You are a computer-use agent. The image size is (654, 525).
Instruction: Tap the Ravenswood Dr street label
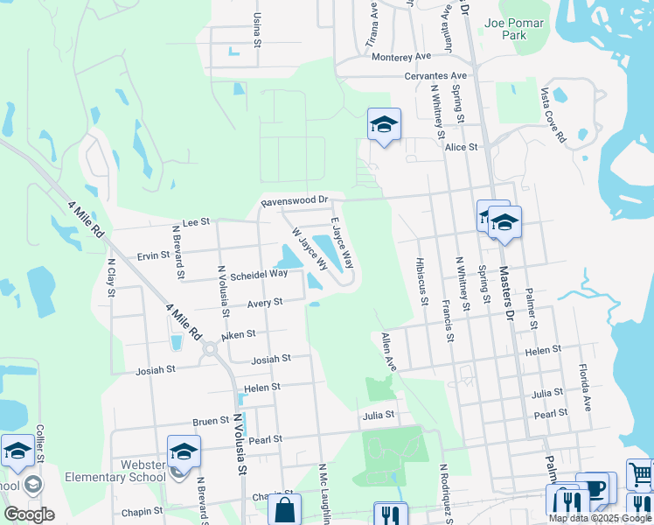click(298, 201)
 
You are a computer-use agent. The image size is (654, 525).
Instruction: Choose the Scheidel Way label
click(259, 275)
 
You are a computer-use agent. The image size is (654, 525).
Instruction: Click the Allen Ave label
click(388, 352)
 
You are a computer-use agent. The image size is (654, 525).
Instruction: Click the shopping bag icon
click(284, 509)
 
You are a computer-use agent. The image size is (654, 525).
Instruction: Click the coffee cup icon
click(596, 487)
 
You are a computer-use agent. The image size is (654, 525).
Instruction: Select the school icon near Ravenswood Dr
click(383, 125)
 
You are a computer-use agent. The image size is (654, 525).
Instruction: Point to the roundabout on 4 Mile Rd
click(210, 350)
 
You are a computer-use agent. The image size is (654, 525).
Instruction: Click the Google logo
click(29, 514)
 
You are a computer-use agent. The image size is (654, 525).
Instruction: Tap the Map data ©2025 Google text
click(600, 518)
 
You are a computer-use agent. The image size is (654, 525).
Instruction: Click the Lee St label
click(196, 223)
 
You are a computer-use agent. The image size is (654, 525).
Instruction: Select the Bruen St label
click(211, 421)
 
